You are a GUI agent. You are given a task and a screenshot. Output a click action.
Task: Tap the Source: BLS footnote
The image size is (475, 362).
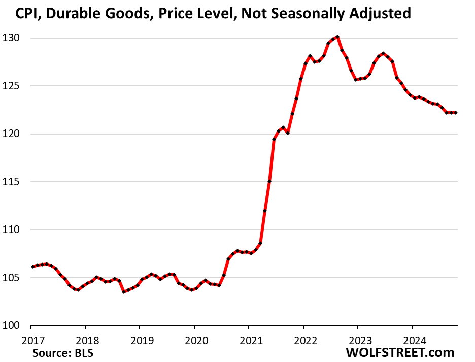click(63, 352)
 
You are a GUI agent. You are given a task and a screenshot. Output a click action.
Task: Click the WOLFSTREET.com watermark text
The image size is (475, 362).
click(400, 352)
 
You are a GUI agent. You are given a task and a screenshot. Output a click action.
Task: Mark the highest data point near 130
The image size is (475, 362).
click(337, 37)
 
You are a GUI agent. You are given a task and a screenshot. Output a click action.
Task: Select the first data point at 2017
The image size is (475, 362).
click(32, 267)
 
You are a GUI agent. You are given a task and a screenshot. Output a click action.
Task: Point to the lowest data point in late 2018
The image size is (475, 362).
click(124, 292)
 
